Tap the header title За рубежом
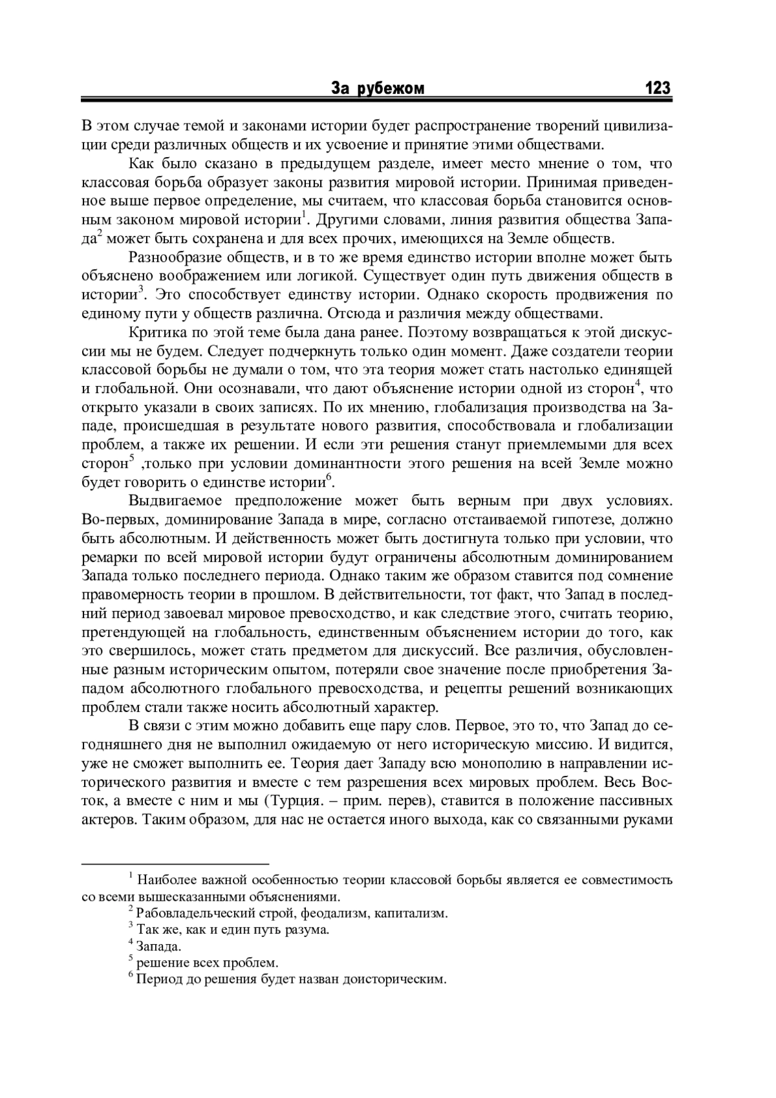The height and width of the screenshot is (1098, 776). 378,89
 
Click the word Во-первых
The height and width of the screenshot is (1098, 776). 116,520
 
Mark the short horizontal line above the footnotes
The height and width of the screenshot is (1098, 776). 175,863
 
